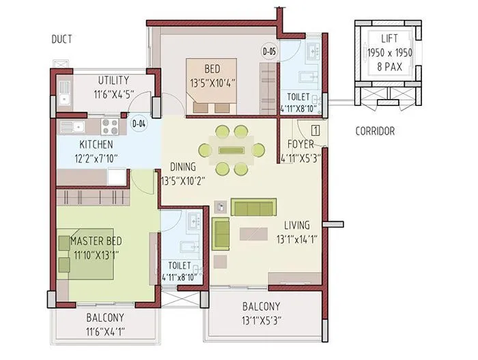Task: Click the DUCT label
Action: (61, 40)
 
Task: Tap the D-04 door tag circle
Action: (139, 124)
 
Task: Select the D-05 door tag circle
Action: (269, 51)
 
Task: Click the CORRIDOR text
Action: (374, 130)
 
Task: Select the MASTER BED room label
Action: (96, 242)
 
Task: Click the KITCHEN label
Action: (96, 145)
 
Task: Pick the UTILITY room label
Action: (113, 80)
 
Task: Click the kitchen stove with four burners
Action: (110, 126)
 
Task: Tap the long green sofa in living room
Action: (253, 206)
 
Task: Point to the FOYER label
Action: (300, 145)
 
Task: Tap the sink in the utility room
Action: (64, 91)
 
